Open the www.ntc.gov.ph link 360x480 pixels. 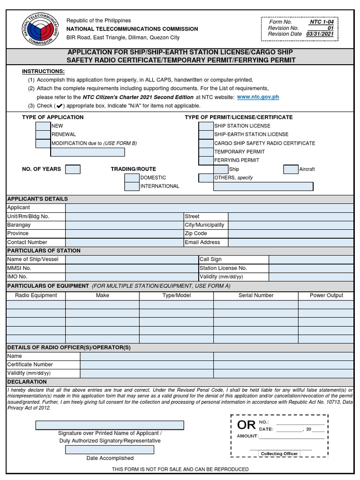pyautogui.click(x=258, y=97)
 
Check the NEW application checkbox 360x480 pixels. pyautogui.click(x=43, y=126)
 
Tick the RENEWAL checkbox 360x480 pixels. pyautogui.click(x=43, y=135)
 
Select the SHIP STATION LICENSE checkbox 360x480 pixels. pyautogui.click(x=206, y=126)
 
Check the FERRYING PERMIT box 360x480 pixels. pyautogui.click(x=206, y=160)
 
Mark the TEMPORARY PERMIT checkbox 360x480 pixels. pyautogui.click(x=206, y=152)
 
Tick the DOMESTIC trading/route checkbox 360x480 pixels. pyautogui.click(x=132, y=178)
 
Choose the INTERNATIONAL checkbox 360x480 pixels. pyautogui.click(x=132, y=186)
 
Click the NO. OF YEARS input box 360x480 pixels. pyautogui.click(x=73, y=169)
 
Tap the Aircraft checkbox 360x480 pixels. pyautogui.click(x=291, y=169)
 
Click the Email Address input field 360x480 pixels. pyautogui.click(x=291, y=242)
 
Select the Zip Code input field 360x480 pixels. pyautogui.click(x=291, y=233)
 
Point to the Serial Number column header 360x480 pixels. pyautogui.click(x=256, y=295)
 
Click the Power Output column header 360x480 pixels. pyautogui.click(x=326, y=295)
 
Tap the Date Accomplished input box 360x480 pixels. pyautogui.click(x=110, y=450)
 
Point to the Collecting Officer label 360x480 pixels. pyautogui.click(x=279, y=454)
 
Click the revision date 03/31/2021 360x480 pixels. pyautogui.click(x=320, y=34)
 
